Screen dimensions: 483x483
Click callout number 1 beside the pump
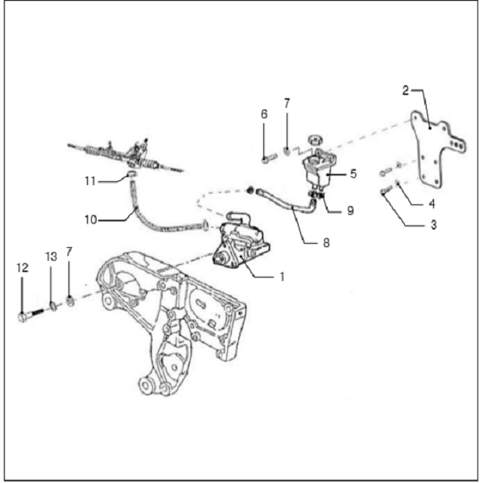point(281,276)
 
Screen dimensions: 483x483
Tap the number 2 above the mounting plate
point(406,89)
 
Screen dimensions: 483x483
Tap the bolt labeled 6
point(267,158)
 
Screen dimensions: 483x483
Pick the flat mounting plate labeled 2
point(435,153)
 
